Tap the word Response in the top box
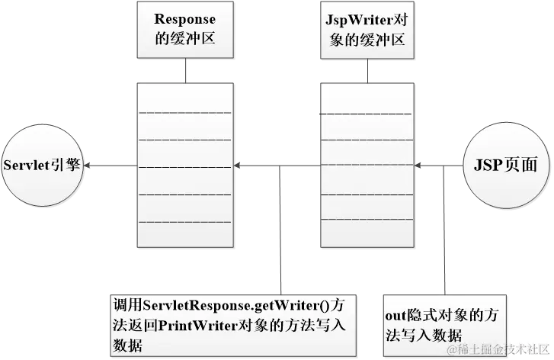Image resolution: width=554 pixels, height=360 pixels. [x=185, y=18]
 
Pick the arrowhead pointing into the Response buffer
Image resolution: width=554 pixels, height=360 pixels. [x=238, y=166]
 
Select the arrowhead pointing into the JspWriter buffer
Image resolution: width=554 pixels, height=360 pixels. [x=421, y=166]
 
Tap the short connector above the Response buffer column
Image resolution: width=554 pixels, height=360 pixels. [x=185, y=70]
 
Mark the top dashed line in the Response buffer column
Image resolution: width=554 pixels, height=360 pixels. [x=185, y=115]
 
